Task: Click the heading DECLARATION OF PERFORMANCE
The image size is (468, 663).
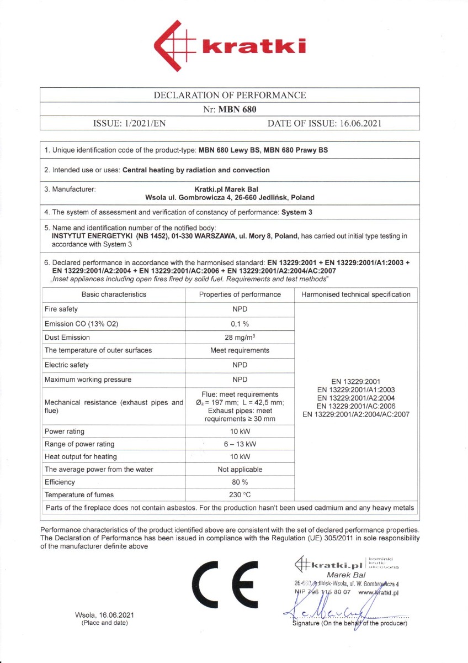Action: (x=230, y=95)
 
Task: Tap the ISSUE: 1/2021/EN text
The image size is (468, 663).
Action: (x=129, y=123)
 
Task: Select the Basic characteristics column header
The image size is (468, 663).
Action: (x=114, y=294)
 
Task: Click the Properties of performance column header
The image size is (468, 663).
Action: (x=240, y=294)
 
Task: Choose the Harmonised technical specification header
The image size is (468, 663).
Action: (x=356, y=294)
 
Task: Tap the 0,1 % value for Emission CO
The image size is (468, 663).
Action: (x=240, y=323)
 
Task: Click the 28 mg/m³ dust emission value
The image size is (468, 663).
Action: (x=240, y=337)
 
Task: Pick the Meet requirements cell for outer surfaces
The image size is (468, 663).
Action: (x=240, y=350)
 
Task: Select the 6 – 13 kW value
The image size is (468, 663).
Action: (x=240, y=444)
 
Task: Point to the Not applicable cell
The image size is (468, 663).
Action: (x=240, y=469)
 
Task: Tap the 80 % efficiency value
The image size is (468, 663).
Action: (x=240, y=482)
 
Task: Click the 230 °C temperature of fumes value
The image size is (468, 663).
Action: (x=240, y=495)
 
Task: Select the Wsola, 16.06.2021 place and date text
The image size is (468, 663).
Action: (x=104, y=615)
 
